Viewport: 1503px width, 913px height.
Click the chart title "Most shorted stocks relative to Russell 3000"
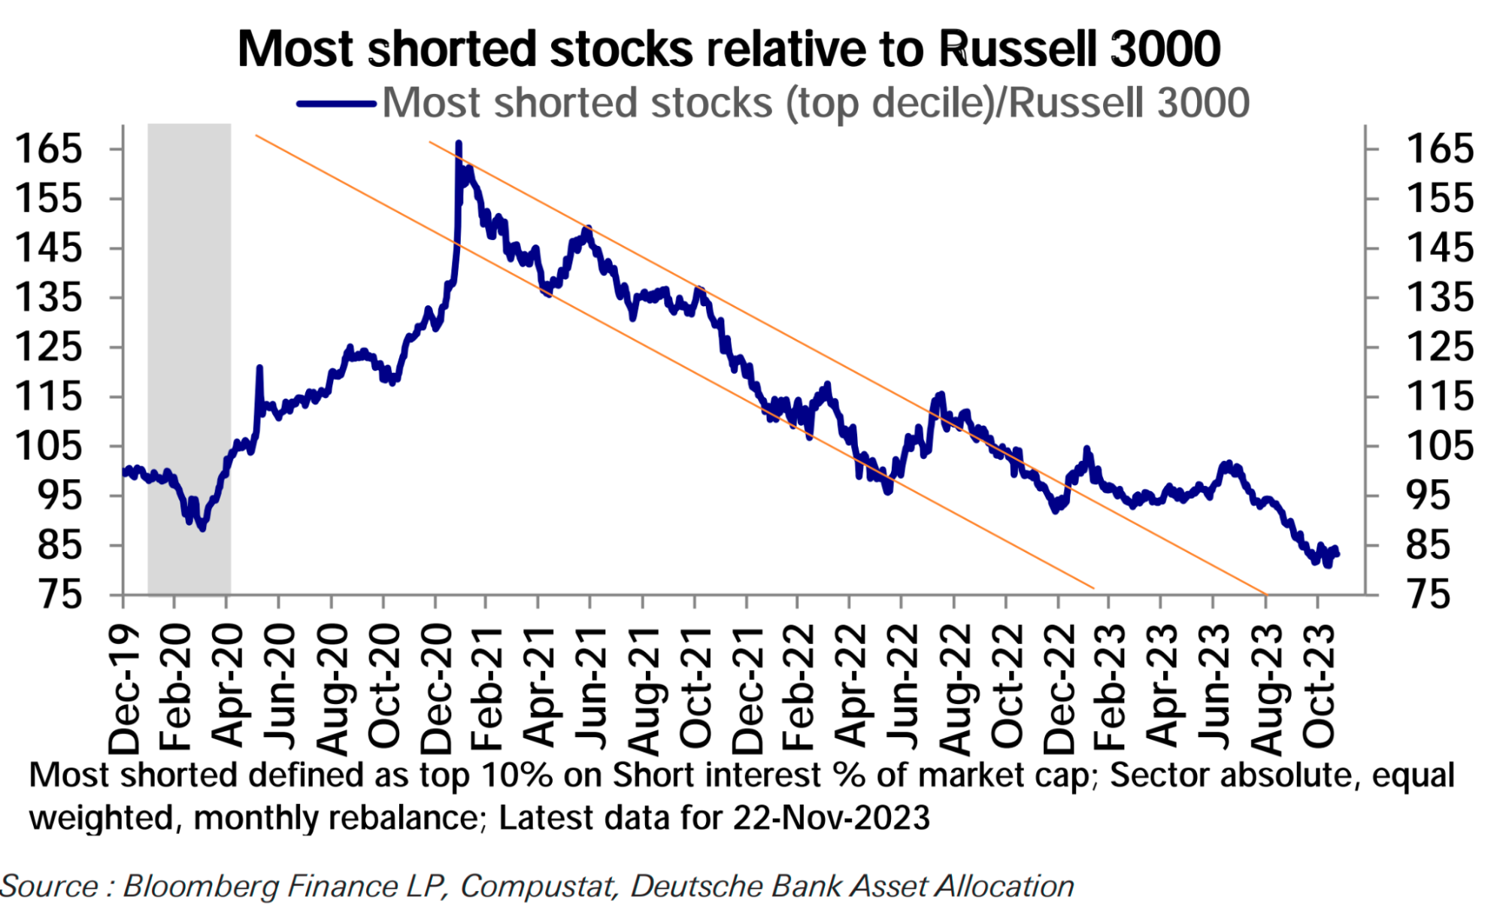coord(729,50)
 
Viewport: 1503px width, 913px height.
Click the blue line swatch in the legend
coord(336,104)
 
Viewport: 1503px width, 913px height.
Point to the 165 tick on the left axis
coord(48,148)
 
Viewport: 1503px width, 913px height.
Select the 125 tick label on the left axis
coord(48,347)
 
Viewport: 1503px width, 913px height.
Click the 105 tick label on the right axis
coord(1439,446)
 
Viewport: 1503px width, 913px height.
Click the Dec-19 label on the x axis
coord(124,688)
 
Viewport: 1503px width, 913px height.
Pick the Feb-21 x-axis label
coord(487,688)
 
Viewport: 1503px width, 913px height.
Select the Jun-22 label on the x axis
coord(902,688)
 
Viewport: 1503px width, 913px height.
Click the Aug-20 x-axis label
coord(332,688)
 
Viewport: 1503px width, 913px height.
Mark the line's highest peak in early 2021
coord(459,142)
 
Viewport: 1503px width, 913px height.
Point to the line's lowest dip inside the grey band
coord(202,529)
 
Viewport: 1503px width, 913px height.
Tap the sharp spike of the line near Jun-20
coord(259,367)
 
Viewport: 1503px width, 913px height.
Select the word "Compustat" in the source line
coord(538,886)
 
